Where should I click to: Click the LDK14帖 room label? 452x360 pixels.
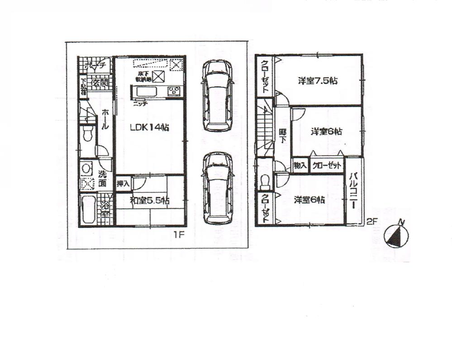[x=149, y=128]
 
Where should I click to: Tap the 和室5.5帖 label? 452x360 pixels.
[x=149, y=200]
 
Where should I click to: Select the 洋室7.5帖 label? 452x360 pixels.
[x=318, y=81]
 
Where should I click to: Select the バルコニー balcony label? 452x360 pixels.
[x=354, y=190]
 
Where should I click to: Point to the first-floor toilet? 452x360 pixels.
[x=88, y=133]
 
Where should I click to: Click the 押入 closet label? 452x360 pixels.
[x=123, y=184]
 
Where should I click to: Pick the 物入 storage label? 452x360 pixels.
[x=300, y=166]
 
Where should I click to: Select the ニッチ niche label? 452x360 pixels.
[x=139, y=103]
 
